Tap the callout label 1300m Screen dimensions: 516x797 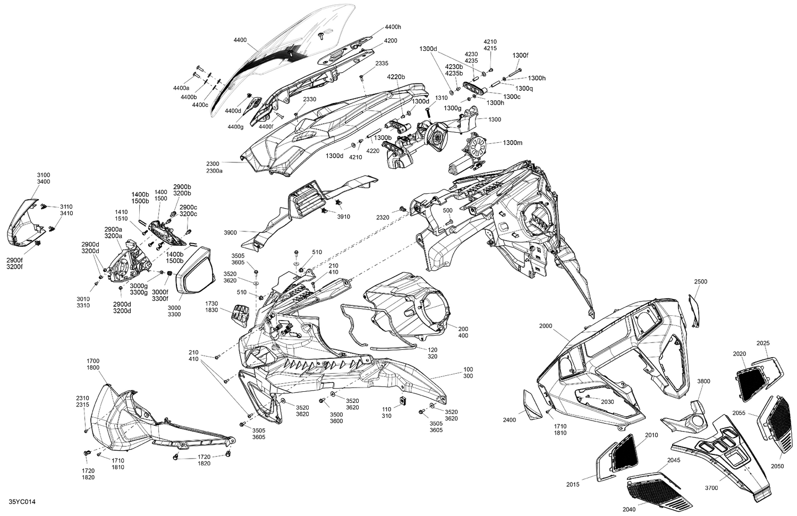(x=512, y=143)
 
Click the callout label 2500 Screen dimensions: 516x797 (x=700, y=281)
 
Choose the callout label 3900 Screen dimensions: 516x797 (x=230, y=232)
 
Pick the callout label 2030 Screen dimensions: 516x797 (x=607, y=402)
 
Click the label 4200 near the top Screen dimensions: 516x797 (x=391, y=40)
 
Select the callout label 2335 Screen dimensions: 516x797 (x=382, y=63)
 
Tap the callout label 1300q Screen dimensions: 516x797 (x=524, y=88)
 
